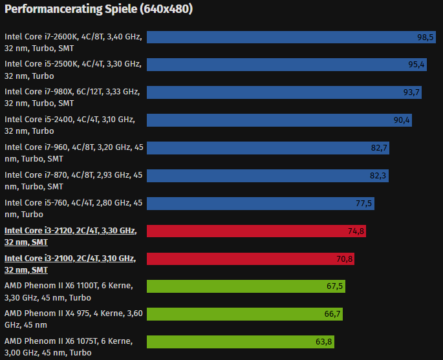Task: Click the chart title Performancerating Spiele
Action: point(98,9)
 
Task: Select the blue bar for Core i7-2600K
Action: point(291,37)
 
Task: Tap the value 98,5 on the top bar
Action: point(425,37)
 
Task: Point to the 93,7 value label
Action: point(411,92)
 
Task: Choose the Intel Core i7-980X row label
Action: point(72,97)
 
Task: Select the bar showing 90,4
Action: point(279,120)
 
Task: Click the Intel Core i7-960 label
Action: point(74,153)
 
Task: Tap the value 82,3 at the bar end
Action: point(378,176)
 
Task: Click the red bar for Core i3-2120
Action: point(256,231)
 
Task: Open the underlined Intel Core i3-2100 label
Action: point(70,264)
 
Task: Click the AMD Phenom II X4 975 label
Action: point(73,319)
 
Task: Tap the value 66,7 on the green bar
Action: point(332,314)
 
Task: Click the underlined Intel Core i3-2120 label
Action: point(70,236)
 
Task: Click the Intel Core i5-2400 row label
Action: point(69,125)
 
